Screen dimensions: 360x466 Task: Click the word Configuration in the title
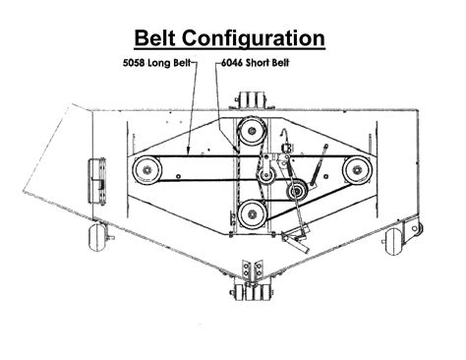tap(264, 38)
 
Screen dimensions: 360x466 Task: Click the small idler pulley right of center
tap(294, 191)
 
